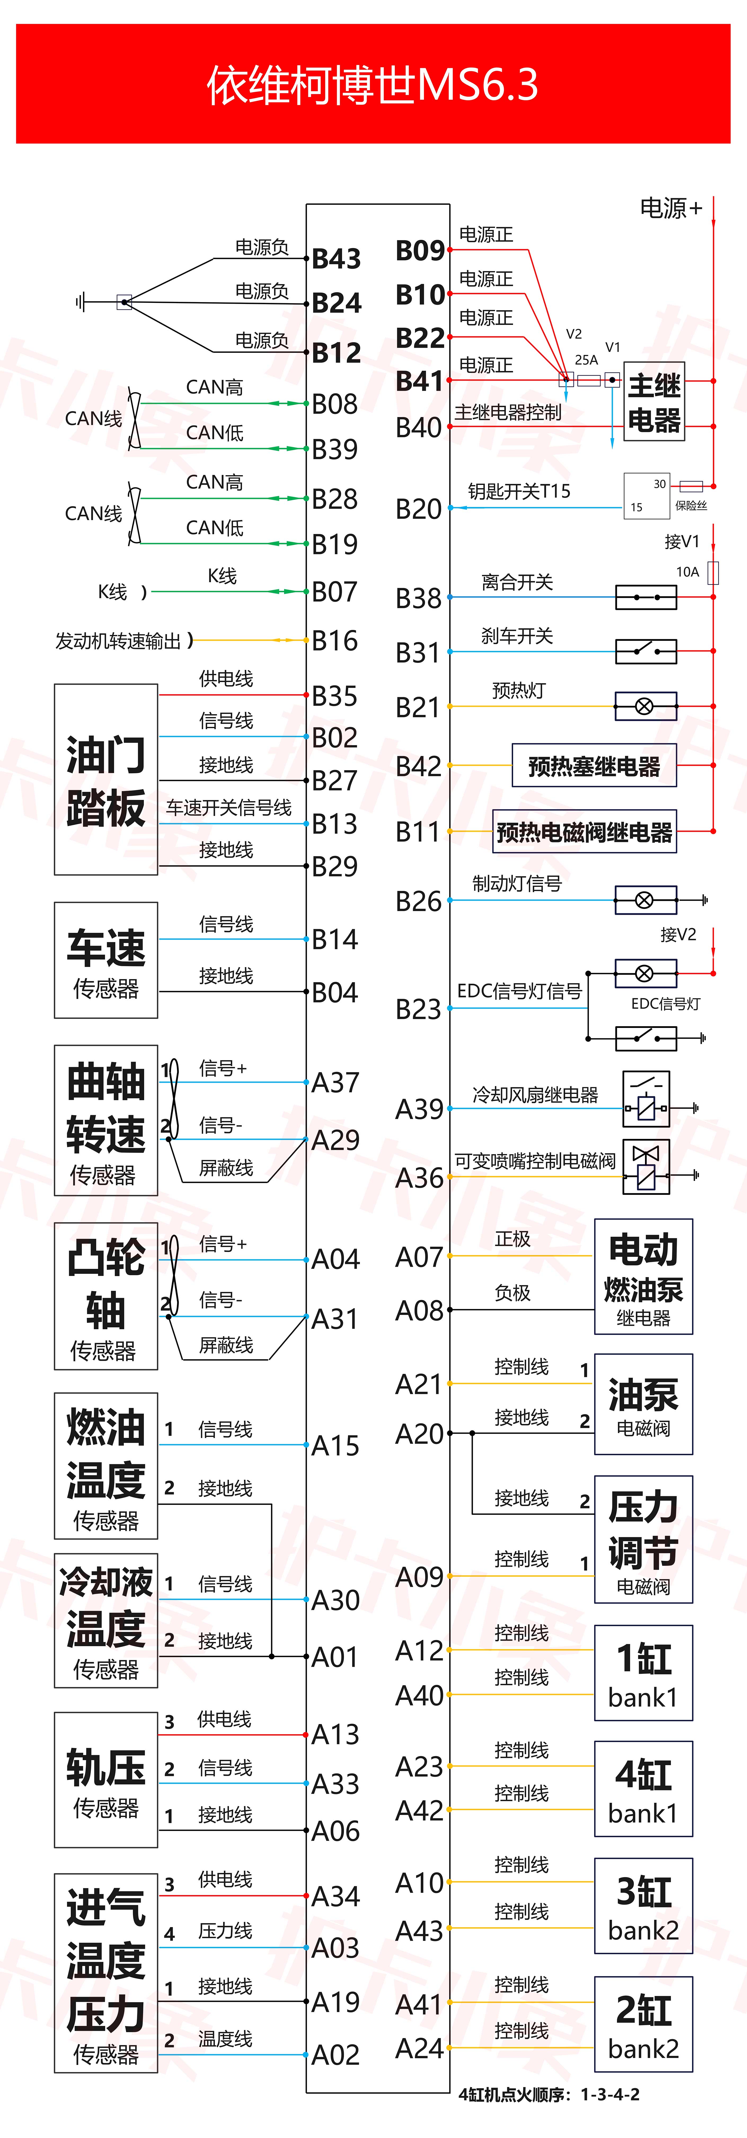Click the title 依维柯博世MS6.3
click(373, 85)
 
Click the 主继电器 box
click(654, 402)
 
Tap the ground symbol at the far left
click(81, 302)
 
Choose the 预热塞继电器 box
click(594, 765)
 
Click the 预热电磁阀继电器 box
click(584, 832)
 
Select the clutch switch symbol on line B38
click(646, 597)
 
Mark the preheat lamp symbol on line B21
click(645, 706)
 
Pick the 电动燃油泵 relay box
click(643, 1276)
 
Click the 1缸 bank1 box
click(643, 1672)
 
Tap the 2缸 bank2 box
click(643, 2024)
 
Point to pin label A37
click(335, 1082)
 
